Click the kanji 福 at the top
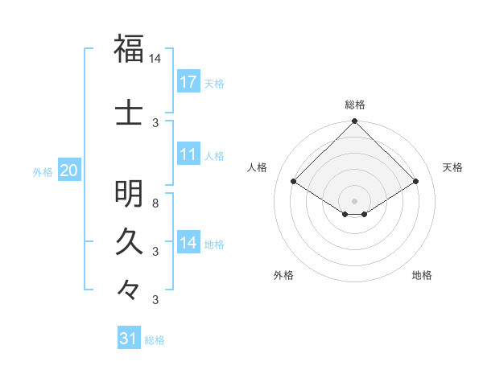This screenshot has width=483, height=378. point(129,48)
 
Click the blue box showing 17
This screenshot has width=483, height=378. point(188,81)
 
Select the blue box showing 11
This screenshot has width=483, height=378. point(188,154)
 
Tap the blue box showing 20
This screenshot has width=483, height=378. point(68,171)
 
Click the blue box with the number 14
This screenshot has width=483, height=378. point(188,243)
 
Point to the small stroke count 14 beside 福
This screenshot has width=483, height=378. point(155,59)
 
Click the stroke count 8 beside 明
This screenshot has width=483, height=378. point(155,203)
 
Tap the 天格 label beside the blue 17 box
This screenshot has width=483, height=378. point(214,83)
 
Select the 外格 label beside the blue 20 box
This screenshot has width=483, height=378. point(43,171)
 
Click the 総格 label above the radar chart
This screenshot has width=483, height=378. point(355,105)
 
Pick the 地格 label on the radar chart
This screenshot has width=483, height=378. point(422,275)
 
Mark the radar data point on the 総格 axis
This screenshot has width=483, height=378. point(355,122)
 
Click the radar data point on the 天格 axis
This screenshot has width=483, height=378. point(416,182)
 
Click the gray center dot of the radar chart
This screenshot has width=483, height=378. point(355,200)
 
